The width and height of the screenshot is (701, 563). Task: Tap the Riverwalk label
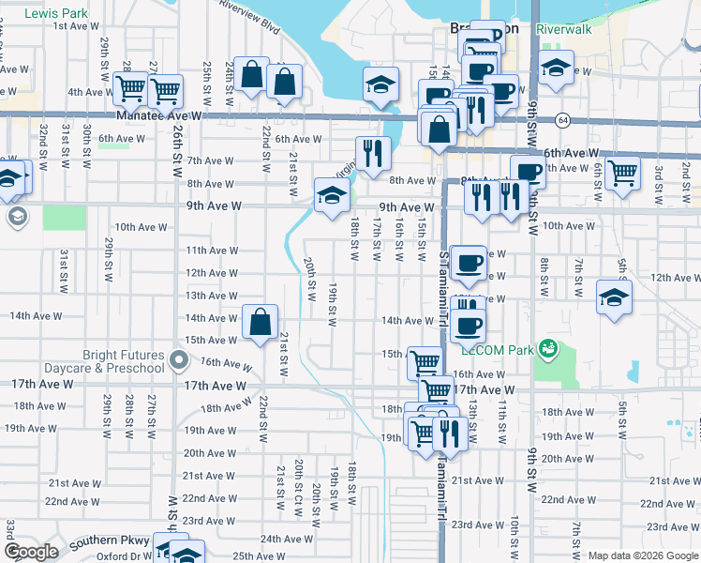(564, 29)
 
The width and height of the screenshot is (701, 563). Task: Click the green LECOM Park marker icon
(548, 350)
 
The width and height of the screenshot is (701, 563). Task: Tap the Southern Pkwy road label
(111, 540)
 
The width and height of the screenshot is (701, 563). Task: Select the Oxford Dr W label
(124, 555)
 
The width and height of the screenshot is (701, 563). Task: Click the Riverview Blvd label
(248, 17)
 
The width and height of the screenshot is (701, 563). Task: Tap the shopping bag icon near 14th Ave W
(261, 322)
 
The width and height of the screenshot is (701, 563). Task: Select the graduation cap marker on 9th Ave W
(331, 196)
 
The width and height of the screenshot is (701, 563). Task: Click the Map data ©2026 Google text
(642, 556)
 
